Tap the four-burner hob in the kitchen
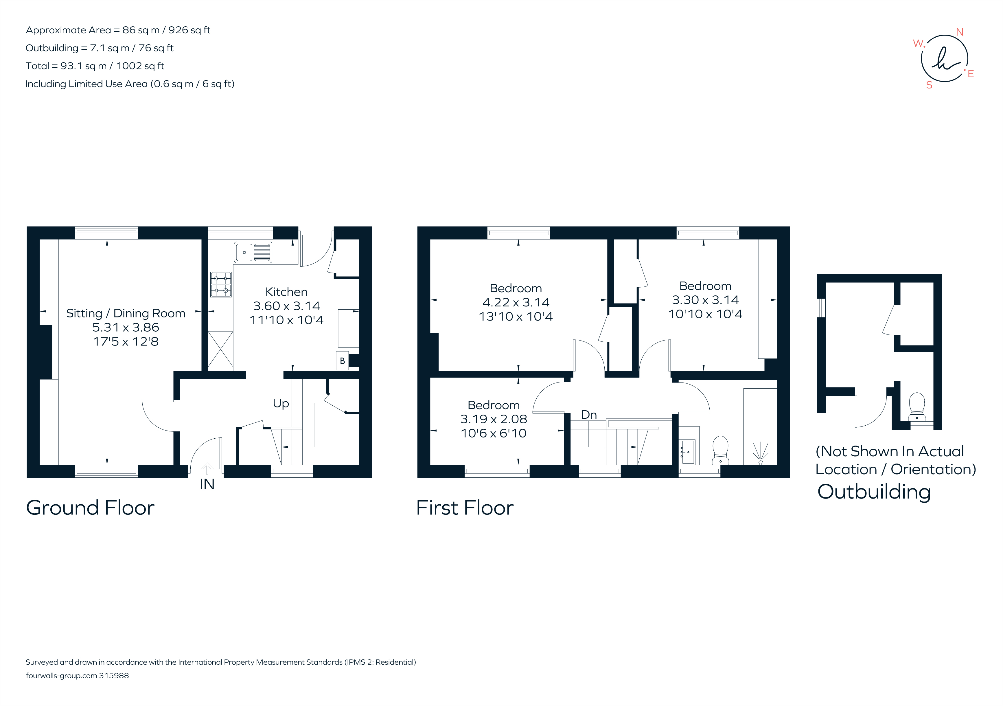pyautogui.click(x=221, y=284)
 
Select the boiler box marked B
pyautogui.click(x=342, y=361)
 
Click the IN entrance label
pyautogui.click(x=207, y=484)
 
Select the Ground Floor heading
pyautogui.click(x=90, y=508)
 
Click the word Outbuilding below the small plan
pyautogui.click(x=874, y=492)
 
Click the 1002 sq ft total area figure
pyautogui.click(x=140, y=66)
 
